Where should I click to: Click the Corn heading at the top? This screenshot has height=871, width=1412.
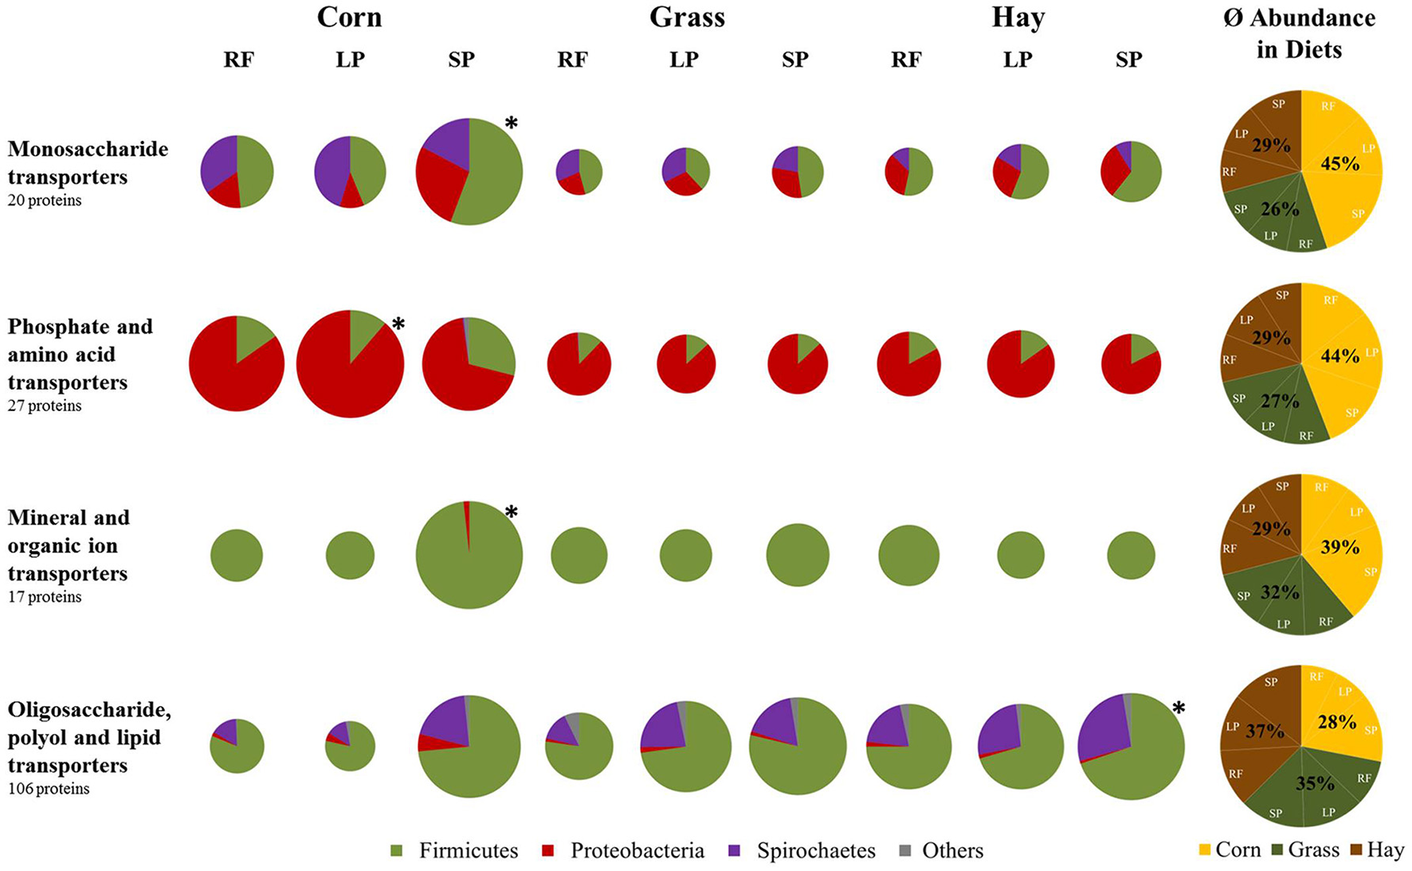click(349, 18)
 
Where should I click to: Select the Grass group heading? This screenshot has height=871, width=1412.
click(687, 18)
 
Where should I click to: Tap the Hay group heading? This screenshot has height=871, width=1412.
click(1018, 18)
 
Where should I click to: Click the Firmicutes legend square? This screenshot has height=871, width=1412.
click(397, 851)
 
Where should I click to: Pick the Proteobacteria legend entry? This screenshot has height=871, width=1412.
click(637, 851)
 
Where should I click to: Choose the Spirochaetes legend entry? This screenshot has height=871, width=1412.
click(815, 851)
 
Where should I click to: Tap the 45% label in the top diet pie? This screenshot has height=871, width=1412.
click(1339, 163)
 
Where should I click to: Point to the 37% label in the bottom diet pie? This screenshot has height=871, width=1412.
click(1265, 731)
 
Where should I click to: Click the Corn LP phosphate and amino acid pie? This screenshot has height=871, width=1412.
click(350, 364)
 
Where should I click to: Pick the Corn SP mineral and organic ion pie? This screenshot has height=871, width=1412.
click(469, 555)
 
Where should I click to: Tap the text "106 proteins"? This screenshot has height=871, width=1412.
click(49, 789)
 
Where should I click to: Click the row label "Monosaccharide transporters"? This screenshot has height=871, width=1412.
click(88, 163)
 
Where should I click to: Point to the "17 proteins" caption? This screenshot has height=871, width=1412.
click(45, 597)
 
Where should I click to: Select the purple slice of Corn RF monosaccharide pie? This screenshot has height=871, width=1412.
click(218, 162)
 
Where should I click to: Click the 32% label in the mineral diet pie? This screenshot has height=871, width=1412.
click(1280, 593)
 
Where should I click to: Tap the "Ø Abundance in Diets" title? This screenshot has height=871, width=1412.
click(1299, 33)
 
